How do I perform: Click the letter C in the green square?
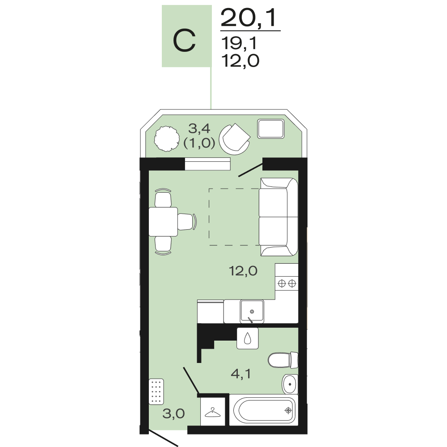click(x=184, y=40)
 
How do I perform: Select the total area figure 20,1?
click(x=249, y=18)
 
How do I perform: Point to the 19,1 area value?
click(x=239, y=43)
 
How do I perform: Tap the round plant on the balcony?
click(x=167, y=139)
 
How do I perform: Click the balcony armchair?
click(x=235, y=139)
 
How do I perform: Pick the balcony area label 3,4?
click(x=199, y=129)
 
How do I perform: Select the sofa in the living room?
click(x=278, y=217)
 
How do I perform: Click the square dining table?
click(x=163, y=222)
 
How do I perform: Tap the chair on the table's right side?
click(x=187, y=222)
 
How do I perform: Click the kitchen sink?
click(x=252, y=311)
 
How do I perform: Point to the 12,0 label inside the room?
click(x=243, y=270)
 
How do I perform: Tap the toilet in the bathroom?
click(x=283, y=360)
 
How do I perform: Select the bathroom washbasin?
click(x=290, y=384)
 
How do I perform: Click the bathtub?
click(x=264, y=410)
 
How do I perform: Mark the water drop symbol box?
click(x=248, y=338)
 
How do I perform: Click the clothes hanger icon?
click(x=213, y=413)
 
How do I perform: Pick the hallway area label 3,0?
click(x=173, y=413)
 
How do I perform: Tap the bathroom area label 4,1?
click(x=241, y=373)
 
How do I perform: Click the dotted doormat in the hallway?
click(x=156, y=392)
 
